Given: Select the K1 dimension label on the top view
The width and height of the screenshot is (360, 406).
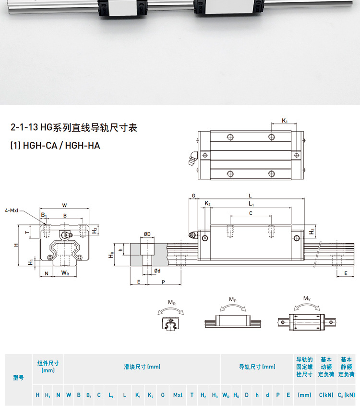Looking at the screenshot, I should pos(285,120).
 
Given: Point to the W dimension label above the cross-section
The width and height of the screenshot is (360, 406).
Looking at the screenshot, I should pos(65,205).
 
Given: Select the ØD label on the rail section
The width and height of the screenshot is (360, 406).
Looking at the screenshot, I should pos(147,234).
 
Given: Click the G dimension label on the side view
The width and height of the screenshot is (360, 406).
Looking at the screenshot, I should pos(193,196).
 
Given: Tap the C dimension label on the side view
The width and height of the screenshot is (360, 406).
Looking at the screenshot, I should pos(251,213).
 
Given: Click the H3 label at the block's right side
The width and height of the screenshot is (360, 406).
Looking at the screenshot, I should pos(312,232).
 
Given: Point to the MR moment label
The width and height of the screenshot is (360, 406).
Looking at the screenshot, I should pos(171,302).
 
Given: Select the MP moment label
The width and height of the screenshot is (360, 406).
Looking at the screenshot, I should pos(232,299).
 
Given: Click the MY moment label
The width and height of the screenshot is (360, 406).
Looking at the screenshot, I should pos(306,298).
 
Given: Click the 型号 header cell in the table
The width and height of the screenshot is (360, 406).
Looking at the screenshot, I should pos(18,378).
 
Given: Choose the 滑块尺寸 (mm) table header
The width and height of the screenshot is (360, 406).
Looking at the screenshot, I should pos(142,367).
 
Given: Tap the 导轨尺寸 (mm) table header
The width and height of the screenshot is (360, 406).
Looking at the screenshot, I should pos(257,367).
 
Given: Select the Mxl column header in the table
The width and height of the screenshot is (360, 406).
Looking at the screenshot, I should pos(178,395).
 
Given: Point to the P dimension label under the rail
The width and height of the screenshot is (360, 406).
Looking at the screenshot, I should pos(163,282).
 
